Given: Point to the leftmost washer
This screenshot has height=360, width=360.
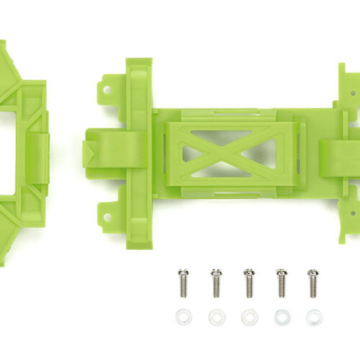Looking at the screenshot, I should tap(184, 317).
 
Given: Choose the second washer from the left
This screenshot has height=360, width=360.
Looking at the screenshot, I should tap(216, 317).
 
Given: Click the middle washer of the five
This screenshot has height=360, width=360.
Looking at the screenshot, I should tap(248, 317).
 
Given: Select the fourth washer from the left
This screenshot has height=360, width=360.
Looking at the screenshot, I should tap(281, 317).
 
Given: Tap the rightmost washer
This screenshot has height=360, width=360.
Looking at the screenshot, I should tap(313, 317).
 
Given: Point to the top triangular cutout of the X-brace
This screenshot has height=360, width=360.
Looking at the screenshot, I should tap(229, 138).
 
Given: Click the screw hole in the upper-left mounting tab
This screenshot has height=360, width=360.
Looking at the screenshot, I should tap(107, 91).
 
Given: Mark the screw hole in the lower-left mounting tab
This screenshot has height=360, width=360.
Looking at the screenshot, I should tap(107, 214).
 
